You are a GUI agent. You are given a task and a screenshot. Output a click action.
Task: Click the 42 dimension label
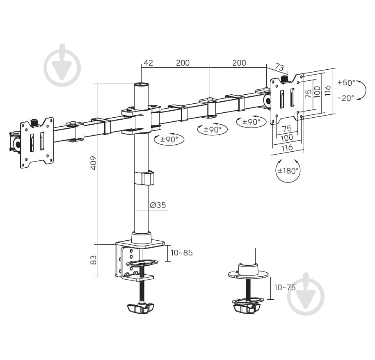pos(148,63)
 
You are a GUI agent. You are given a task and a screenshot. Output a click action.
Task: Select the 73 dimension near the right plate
pos(279,67)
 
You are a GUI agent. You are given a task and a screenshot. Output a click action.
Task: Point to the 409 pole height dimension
pos(93,163)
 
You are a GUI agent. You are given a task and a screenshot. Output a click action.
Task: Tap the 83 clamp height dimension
pos(93,260)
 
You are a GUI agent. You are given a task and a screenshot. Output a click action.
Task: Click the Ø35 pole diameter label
pos(158,205)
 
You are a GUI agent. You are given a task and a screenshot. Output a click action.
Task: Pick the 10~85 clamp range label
pos(181,253)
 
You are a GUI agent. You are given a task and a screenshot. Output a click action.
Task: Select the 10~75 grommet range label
pos(285,287)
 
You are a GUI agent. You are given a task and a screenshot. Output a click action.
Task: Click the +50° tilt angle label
pos(346,83)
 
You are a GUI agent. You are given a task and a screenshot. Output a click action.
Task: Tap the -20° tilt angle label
pos(346,98)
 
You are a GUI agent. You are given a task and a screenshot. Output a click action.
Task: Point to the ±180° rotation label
pos(288,171)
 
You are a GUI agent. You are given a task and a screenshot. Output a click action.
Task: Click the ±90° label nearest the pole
pos(169,139)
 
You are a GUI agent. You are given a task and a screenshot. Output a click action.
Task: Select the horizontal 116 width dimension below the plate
pos(287,148)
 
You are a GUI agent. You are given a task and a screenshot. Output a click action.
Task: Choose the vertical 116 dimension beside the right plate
pos(328,91)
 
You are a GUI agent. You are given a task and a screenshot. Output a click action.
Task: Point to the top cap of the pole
pos(141,84)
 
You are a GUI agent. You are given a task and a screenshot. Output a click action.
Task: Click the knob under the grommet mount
pos(246,308)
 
